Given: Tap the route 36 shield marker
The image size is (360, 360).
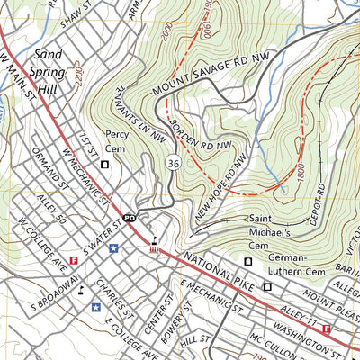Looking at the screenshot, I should tap(171, 162).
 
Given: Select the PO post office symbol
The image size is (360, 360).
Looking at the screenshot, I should tap(130, 218).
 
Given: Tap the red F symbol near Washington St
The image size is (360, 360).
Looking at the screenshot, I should tap(326, 329).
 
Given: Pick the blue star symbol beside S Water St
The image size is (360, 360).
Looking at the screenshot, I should tap(113, 248).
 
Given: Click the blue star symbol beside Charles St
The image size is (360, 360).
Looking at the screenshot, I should tap(95, 307).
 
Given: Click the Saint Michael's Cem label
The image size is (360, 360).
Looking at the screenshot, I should tap(269, 225).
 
